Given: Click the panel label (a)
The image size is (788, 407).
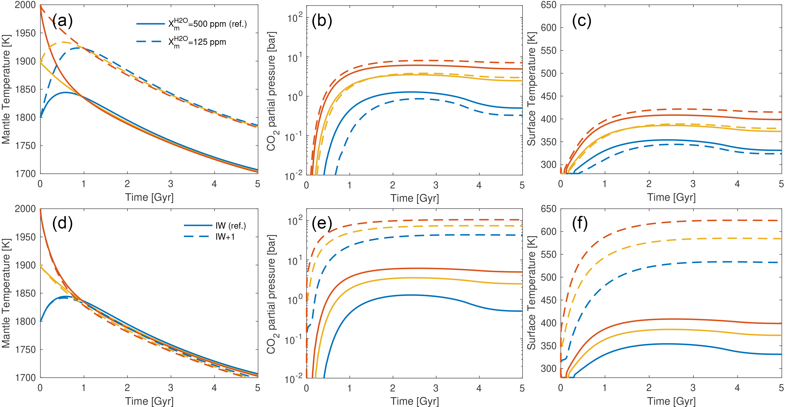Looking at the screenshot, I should click(x=62, y=21).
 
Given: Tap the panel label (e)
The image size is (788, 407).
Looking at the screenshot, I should click(x=322, y=224).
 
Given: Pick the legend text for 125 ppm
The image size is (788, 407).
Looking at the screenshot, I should click(x=197, y=42).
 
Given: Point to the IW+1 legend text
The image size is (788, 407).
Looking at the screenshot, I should click(x=225, y=237).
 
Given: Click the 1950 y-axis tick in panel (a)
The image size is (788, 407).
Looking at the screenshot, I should click(x=25, y=33).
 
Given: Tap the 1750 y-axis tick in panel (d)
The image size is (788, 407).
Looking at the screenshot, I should click(x=25, y=349).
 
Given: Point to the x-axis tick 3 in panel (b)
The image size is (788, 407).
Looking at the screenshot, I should click(x=436, y=185).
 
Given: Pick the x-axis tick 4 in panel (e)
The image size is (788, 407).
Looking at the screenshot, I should click(x=479, y=388).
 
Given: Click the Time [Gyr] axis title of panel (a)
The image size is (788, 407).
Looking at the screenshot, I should click(x=149, y=197).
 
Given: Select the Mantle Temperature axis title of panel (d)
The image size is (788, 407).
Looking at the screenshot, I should click(x=6, y=293).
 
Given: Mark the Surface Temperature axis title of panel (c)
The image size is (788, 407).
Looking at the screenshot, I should click(x=532, y=89).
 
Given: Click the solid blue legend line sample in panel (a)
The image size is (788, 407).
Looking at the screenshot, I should click(x=151, y=24).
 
